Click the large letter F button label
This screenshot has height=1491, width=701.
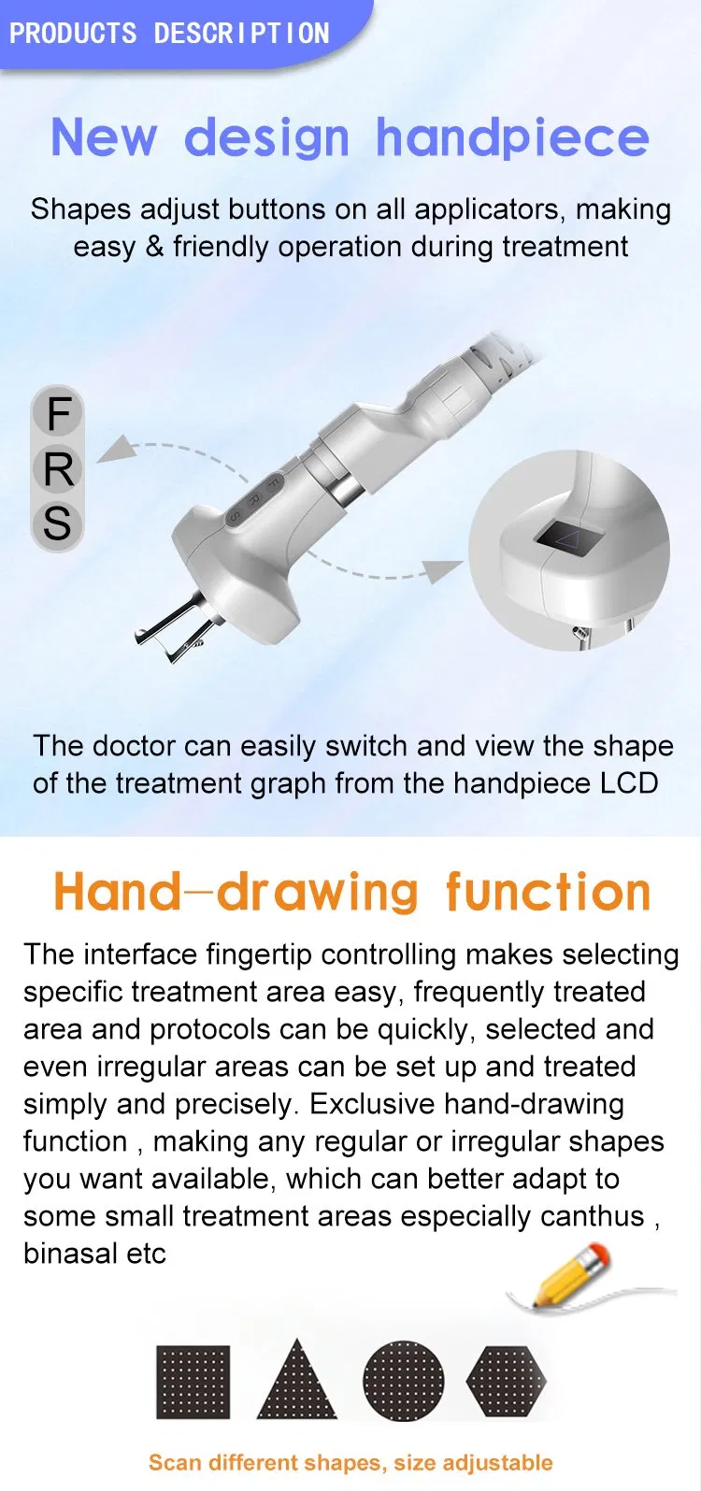pos(58,413)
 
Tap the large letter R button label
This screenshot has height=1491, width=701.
pos(58,468)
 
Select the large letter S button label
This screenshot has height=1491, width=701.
pos(57,523)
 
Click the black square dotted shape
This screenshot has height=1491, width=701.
pos(193,1382)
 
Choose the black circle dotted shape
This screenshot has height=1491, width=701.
pos(403,1382)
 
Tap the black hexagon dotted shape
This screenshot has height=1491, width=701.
pos(506,1382)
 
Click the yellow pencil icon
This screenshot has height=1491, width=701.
pos(571,1274)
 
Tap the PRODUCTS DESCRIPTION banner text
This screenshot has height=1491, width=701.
pos(169,34)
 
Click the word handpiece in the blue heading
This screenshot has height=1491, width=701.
pos(512,138)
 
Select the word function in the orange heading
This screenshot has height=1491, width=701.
pos(548,892)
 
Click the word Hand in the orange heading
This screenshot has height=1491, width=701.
pos(117,892)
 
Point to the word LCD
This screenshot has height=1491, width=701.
pos(630,782)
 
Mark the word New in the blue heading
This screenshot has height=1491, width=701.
pos(104,138)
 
